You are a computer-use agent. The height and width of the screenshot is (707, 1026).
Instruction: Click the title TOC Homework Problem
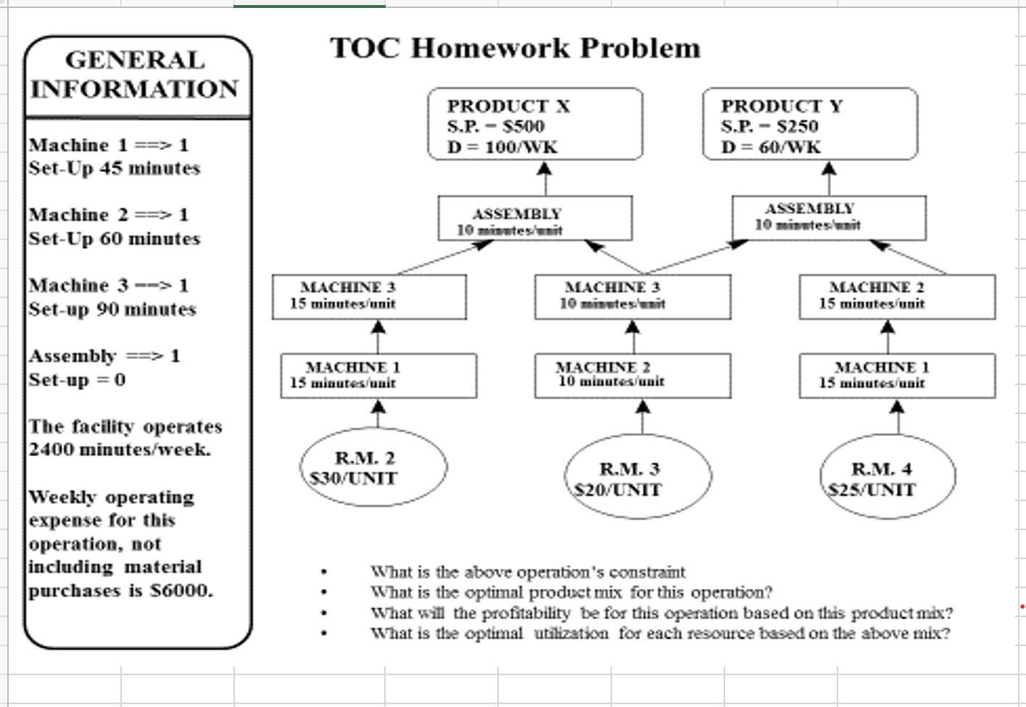point(516,49)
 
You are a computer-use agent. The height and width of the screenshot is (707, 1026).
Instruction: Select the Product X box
point(535,125)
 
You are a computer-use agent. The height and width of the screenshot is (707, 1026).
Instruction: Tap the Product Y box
point(809,125)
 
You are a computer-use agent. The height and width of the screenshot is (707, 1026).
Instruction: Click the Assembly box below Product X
point(534,218)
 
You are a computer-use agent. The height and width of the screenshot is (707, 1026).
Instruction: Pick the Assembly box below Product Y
point(828,217)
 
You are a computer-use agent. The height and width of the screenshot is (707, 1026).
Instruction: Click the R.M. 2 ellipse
point(373,468)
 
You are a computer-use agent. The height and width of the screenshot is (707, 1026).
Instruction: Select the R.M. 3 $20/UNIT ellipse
point(638,479)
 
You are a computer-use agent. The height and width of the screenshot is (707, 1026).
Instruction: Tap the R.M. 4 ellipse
point(887,479)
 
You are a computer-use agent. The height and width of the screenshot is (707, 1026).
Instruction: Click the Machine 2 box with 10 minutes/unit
point(632,375)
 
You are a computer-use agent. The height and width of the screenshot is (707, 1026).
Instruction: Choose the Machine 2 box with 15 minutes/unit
point(897,296)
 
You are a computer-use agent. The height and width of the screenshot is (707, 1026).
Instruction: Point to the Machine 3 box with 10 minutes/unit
point(632,296)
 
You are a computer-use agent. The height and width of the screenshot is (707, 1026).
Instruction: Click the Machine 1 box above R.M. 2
point(378,375)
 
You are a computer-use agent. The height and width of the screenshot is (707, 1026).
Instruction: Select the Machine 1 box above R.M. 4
point(897,375)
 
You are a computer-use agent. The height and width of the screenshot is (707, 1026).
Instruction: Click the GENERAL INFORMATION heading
point(136,75)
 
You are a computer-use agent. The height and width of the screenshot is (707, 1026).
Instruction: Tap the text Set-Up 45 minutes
point(115,168)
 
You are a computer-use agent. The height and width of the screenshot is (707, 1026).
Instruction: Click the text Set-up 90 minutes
point(112,310)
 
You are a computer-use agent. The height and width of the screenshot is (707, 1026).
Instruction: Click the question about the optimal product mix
point(571,592)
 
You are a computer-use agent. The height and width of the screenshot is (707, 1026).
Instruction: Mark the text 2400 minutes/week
point(120,450)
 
